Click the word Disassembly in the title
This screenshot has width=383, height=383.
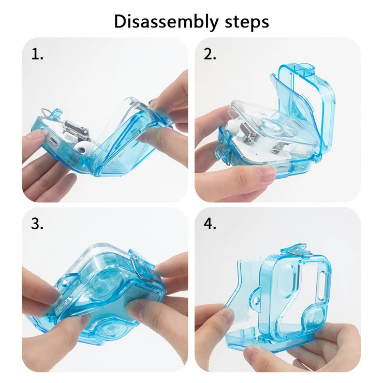point(166,22)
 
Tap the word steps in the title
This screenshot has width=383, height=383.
point(247,22)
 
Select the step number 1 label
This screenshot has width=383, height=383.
point(37,54)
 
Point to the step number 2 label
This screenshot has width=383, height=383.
point(210,54)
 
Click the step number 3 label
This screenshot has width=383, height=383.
point(37,224)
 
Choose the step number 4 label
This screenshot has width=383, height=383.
point(210,224)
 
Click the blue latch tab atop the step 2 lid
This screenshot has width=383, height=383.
point(304,69)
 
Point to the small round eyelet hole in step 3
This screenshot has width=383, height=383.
point(65,283)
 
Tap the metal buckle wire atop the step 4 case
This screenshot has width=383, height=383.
point(299,253)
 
